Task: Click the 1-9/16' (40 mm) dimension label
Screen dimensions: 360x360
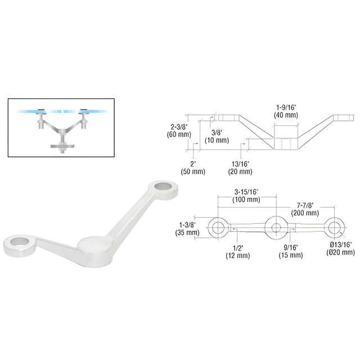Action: point(286,111)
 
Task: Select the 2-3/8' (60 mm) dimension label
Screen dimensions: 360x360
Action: point(179,130)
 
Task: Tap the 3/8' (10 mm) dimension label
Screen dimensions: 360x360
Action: point(217,136)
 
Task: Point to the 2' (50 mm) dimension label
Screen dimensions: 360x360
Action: point(193,168)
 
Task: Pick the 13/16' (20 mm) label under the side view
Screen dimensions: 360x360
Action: point(240,168)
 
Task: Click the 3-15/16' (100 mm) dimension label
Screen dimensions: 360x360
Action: point(246,196)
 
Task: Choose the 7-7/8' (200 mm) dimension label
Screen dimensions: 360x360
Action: point(305,209)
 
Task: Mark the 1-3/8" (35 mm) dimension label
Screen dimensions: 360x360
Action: point(187,229)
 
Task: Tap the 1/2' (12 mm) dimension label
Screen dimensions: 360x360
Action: point(237,252)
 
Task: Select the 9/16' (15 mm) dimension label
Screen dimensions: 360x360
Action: point(291,251)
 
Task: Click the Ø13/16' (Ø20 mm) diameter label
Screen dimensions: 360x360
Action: point(340,249)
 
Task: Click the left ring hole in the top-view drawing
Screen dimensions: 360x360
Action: point(218,228)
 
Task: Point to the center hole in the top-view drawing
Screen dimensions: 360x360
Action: point(276,228)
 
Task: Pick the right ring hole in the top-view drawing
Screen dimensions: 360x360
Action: point(334,228)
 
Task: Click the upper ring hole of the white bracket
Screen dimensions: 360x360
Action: point(163,186)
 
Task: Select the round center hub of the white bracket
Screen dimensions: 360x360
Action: point(94,244)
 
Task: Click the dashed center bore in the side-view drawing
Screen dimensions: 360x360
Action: point(286,144)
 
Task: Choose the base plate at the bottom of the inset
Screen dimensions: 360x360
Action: point(62,146)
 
